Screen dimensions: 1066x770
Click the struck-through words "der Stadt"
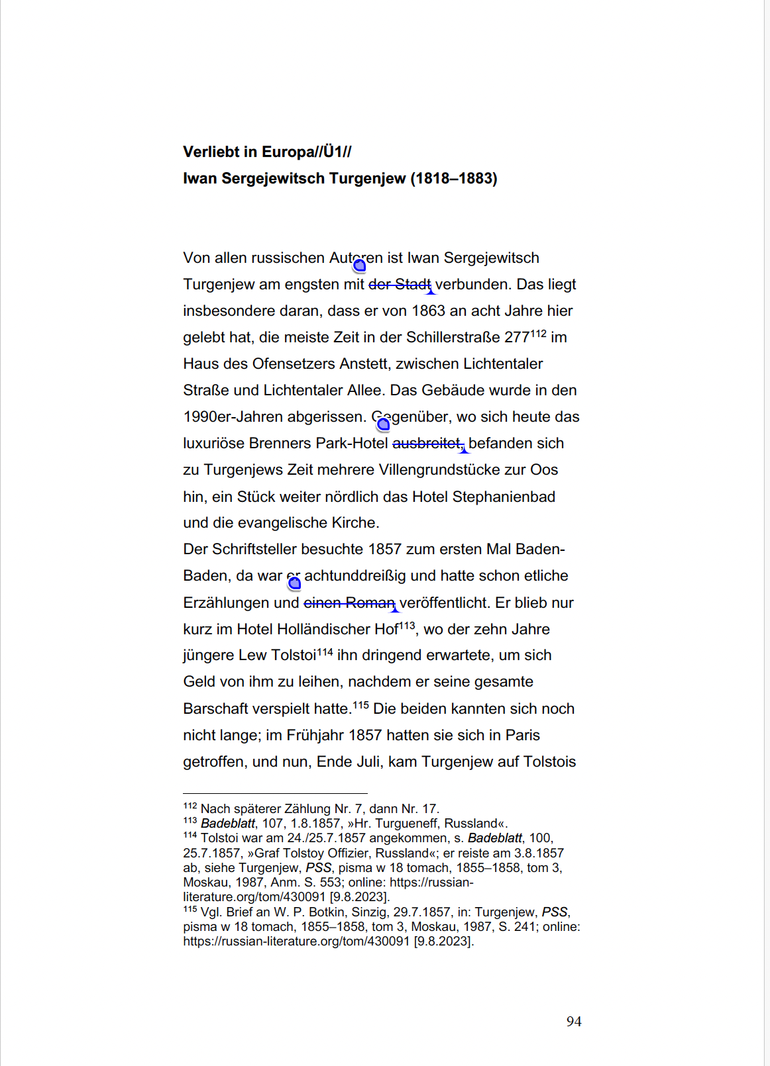tap(400, 285)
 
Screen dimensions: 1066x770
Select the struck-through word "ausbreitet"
tap(427, 444)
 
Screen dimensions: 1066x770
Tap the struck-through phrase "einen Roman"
tap(349, 603)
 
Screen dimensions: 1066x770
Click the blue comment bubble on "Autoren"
tap(359, 266)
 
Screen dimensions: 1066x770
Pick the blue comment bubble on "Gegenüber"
tap(383, 424)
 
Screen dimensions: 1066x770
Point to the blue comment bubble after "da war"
tap(294, 583)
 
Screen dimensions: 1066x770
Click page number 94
tap(574, 1022)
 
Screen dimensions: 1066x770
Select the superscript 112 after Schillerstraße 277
tap(538, 334)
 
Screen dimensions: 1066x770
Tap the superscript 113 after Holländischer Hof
tap(407, 626)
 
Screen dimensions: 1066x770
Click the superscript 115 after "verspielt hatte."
tap(360, 705)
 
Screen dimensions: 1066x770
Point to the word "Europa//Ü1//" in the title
tap(307, 152)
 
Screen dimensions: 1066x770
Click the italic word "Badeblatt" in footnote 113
tap(228, 824)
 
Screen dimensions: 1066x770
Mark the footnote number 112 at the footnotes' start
tap(190, 806)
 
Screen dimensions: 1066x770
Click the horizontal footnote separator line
tap(275, 793)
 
